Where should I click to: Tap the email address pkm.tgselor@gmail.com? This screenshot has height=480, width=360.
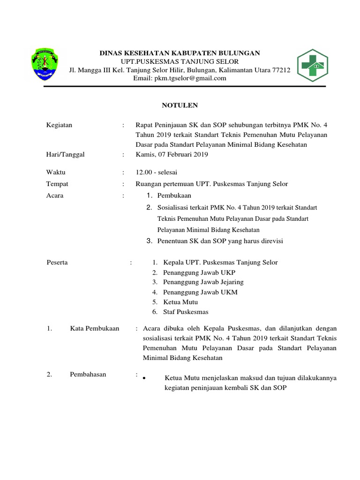pyautogui.click(x=180, y=78)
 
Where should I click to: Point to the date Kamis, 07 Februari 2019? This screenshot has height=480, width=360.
pyautogui.click(x=172, y=154)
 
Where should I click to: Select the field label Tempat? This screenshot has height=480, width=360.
pyautogui.click(x=57, y=184)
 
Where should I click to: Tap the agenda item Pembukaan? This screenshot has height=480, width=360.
pyautogui.click(x=174, y=195)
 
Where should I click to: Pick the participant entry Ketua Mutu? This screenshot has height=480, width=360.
pyautogui.click(x=180, y=302)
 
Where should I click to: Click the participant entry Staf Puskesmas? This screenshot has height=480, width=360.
pyautogui.click(x=186, y=312)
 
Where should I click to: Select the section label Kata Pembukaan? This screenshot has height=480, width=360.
pyautogui.click(x=94, y=329)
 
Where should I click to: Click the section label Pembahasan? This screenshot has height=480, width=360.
pyautogui.click(x=88, y=374)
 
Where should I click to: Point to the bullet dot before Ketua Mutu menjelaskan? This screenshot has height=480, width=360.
pyautogui.click(x=144, y=378)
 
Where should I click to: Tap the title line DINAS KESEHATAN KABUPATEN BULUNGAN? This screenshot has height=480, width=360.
pyautogui.click(x=180, y=53)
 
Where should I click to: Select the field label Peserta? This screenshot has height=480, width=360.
pyautogui.click(x=58, y=262)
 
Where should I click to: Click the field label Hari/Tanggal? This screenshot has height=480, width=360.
pyautogui.click(x=66, y=154)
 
